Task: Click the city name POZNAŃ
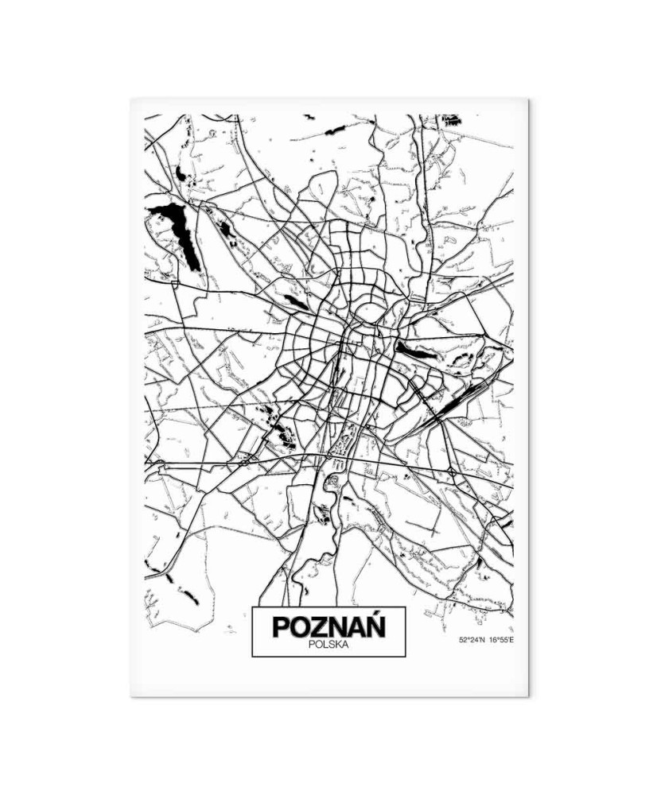coord(328,626)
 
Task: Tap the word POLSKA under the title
coord(328,645)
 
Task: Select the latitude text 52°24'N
coord(471,639)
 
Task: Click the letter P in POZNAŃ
coord(281,627)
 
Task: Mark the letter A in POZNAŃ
coord(356,627)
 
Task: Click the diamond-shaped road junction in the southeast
coord(452,473)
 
